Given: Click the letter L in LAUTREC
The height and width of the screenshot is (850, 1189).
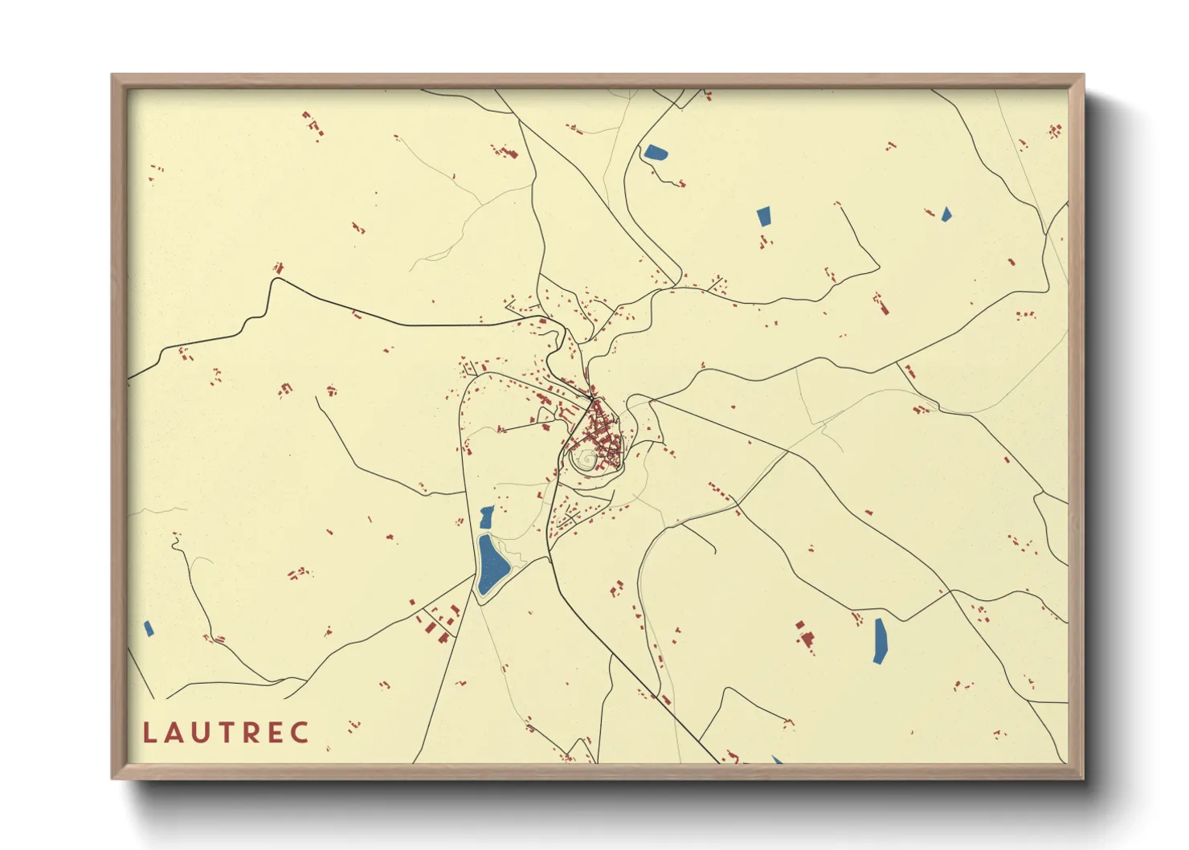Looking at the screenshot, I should (x=149, y=733).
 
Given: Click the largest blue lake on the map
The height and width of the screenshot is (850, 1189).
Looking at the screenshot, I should (x=491, y=566).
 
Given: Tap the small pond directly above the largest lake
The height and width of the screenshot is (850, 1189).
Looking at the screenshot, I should (x=486, y=517).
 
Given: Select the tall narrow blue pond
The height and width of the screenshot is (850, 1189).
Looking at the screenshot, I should (x=880, y=640).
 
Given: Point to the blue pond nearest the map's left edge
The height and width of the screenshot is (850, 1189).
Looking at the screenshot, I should (x=148, y=628).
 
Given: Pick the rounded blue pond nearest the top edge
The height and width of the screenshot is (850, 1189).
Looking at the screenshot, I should (x=655, y=152).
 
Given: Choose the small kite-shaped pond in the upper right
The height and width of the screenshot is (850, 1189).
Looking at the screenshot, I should (x=946, y=214).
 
